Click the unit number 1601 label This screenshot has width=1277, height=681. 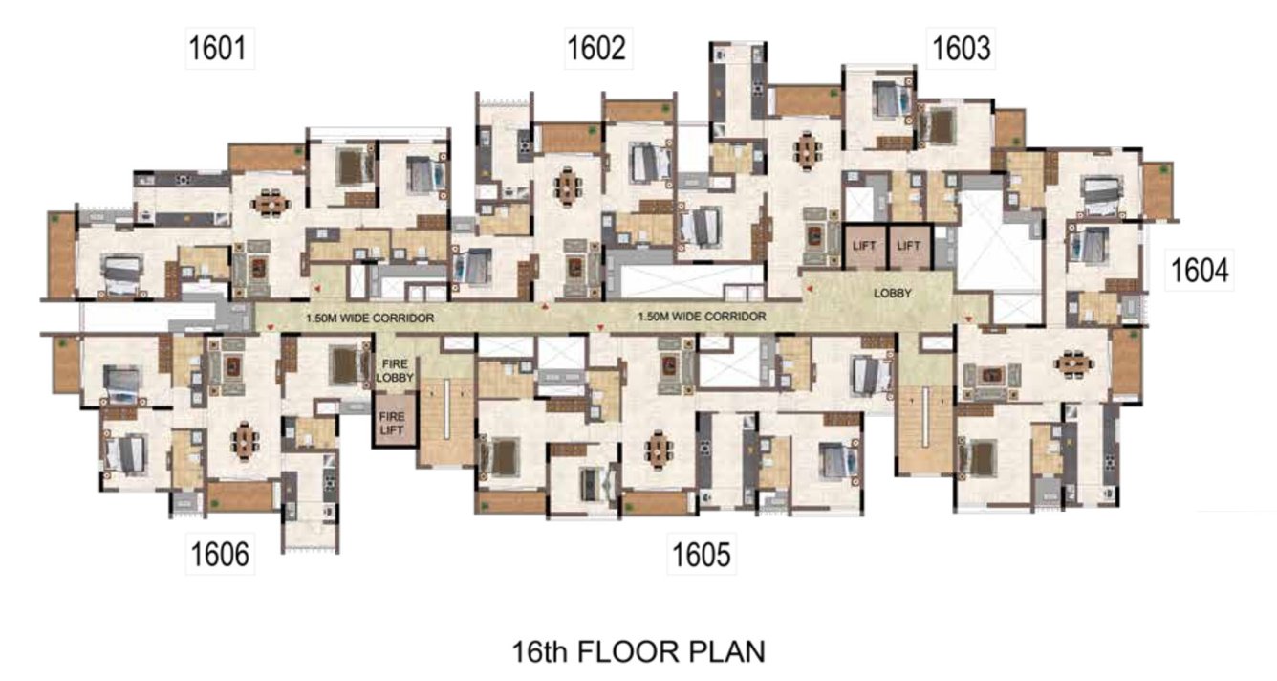(x=220, y=49)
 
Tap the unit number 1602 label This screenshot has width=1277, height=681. (x=597, y=49)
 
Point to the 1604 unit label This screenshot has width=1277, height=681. (x=1200, y=272)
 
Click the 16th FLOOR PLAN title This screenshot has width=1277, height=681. (x=638, y=652)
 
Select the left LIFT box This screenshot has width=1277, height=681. (x=864, y=246)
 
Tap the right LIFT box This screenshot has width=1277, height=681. (x=908, y=246)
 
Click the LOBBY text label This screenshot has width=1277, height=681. (x=893, y=295)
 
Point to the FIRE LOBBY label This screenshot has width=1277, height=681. (x=395, y=370)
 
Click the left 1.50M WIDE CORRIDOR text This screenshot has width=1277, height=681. (x=370, y=318)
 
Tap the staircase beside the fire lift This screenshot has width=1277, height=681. (x=445, y=421)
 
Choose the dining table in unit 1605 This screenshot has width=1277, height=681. (x=658, y=447)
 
